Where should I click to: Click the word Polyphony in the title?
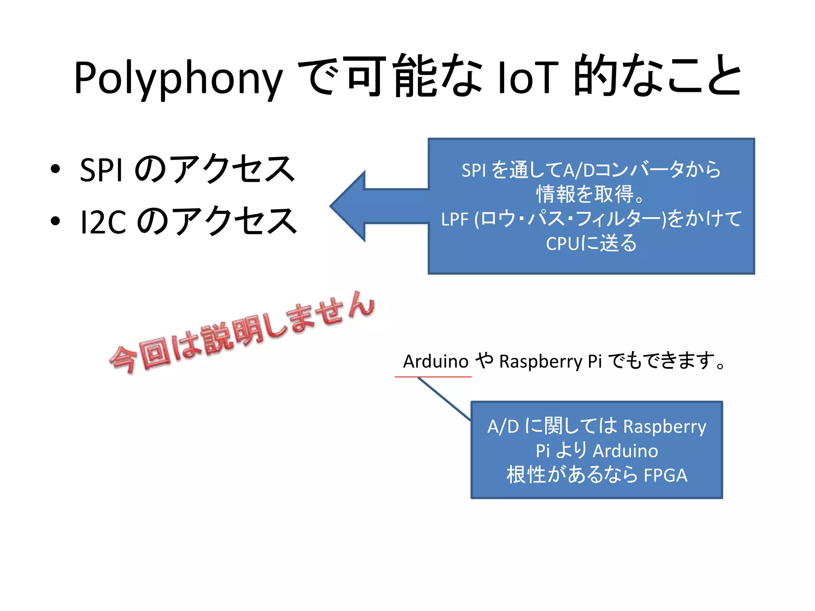point(178,79)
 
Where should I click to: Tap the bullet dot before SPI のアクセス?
point(55,169)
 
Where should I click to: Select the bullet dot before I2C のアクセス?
point(55,221)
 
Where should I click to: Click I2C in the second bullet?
point(103,222)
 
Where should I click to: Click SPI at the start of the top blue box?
point(474,171)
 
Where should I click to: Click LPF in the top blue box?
point(454,220)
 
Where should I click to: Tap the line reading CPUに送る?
point(591,243)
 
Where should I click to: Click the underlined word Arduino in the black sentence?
point(436,362)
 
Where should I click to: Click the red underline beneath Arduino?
point(433,376)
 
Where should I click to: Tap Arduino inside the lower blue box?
point(625,451)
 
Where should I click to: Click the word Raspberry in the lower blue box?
point(664,427)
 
